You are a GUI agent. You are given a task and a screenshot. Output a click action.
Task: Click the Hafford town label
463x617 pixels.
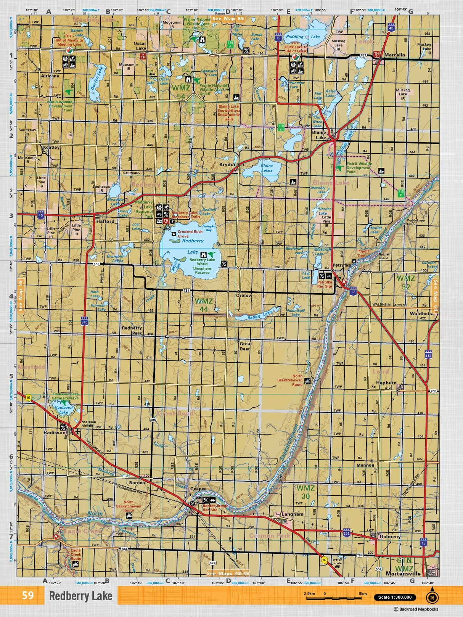tap(105, 221)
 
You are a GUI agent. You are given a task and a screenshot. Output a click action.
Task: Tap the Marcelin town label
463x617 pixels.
tap(394, 55)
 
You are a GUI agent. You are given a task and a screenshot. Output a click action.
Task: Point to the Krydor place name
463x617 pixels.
tap(227, 165)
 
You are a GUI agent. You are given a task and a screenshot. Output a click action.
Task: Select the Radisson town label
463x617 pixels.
tap(55, 433)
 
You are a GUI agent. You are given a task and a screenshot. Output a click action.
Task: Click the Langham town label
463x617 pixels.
tap(293, 514)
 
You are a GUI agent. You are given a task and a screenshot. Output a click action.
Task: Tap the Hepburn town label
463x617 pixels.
tap(386, 383)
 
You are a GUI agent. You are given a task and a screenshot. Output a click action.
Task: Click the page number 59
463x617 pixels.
tap(27, 596)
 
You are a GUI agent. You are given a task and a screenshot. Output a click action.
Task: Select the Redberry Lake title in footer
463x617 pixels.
tap(80, 596)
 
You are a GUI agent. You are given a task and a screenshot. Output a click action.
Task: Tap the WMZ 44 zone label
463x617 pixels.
tap(204, 305)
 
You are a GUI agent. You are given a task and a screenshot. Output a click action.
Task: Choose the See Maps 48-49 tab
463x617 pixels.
tap(227, 574)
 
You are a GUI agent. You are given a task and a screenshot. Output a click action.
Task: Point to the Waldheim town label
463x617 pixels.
tap(422, 313)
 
